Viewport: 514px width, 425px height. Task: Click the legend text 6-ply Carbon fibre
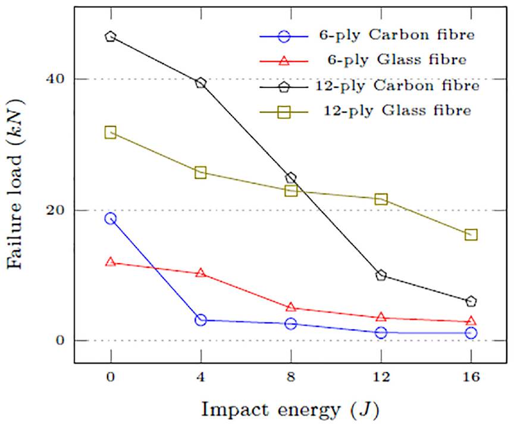(397, 35)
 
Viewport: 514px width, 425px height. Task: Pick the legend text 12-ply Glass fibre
(397, 111)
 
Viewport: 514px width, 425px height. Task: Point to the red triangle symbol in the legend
(284, 61)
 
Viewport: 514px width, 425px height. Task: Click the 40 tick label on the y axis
(55, 79)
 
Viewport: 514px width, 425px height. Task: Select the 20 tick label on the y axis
(55, 210)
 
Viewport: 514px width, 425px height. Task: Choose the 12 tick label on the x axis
(381, 377)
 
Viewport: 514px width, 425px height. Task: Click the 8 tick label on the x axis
(291, 377)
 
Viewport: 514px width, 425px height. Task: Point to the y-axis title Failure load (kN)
(15, 184)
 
